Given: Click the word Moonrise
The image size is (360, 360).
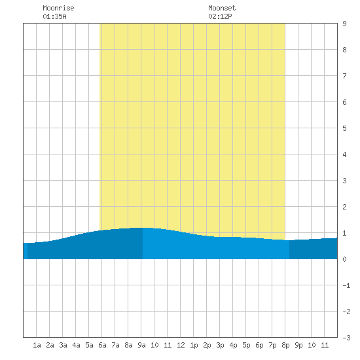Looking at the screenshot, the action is (58, 8).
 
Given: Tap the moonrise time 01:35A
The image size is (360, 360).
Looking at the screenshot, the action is (54, 16).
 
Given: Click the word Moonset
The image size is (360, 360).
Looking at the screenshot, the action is (222, 8).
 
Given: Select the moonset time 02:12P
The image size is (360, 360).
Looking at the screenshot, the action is (220, 16).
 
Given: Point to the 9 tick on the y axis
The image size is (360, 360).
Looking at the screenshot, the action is (344, 24).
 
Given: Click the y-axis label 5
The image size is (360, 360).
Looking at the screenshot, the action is (344, 128).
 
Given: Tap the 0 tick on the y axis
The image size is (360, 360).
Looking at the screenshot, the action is (344, 259).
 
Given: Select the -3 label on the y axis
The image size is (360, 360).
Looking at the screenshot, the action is (346, 338).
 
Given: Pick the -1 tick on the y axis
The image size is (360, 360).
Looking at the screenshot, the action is (346, 285).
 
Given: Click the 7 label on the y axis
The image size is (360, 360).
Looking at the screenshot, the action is (344, 76).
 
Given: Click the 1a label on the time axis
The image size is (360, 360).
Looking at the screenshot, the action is (37, 345).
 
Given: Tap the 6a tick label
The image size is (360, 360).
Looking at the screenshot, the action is (102, 345).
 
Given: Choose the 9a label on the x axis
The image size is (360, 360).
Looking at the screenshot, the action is (141, 345).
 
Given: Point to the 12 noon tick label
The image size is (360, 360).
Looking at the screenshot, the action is (181, 345).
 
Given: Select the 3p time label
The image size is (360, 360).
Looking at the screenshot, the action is (220, 345).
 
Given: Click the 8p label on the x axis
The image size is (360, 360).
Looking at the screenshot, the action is (285, 345).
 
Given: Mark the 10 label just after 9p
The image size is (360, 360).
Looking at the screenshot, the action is (312, 345).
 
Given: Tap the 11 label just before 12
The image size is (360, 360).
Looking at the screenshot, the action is (168, 345).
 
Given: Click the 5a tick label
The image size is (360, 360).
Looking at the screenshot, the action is (89, 345).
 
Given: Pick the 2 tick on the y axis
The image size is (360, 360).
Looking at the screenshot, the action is (344, 207).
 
